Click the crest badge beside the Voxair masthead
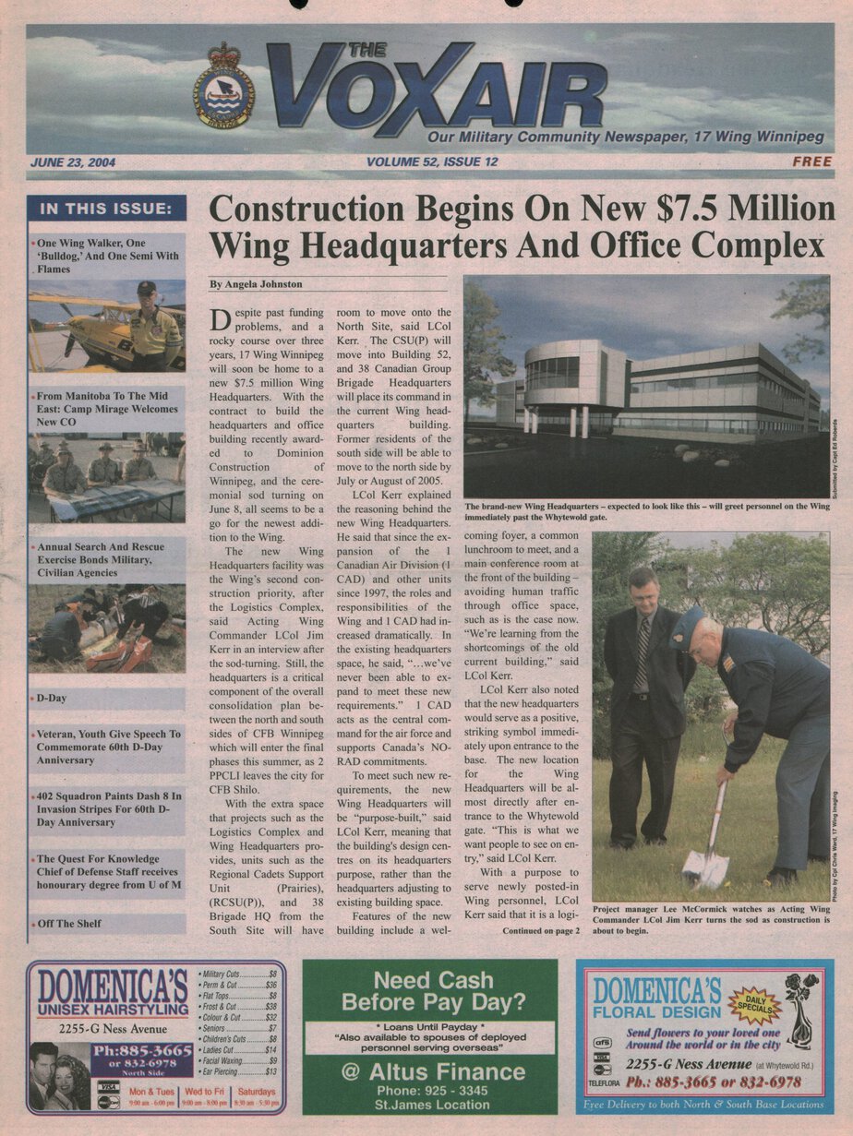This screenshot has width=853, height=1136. (224, 85)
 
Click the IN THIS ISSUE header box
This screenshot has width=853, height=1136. (106, 209)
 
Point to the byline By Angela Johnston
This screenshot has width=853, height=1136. (256, 284)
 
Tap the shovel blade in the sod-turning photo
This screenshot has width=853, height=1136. (705, 867)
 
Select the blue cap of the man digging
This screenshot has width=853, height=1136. (688, 625)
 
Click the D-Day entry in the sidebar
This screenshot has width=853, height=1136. (52, 699)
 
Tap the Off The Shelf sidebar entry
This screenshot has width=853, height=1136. (69, 923)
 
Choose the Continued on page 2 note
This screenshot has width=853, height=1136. (541, 930)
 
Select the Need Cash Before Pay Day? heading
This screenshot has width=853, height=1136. (430, 991)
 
